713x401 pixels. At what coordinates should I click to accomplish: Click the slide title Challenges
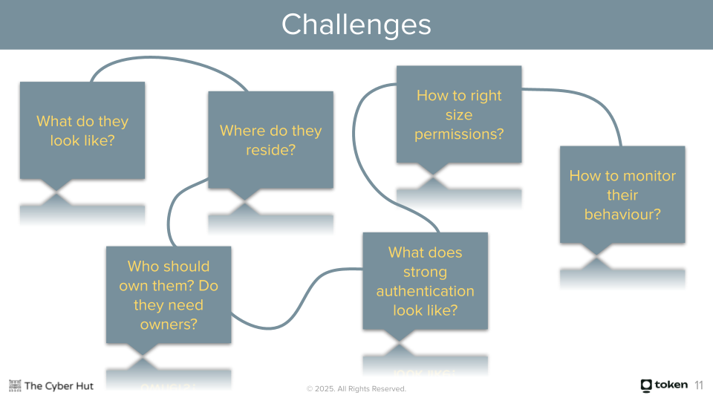point(356,25)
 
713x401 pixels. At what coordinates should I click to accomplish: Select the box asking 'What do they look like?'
point(82,130)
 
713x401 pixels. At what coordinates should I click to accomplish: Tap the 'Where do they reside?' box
point(270,140)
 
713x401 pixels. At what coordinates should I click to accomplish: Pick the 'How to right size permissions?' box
point(459,114)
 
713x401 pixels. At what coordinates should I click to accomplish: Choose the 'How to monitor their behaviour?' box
point(622,195)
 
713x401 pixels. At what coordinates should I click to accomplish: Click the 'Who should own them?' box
point(169,295)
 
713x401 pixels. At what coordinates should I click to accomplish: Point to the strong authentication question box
point(425,281)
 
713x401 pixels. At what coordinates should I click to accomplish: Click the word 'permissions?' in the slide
point(459,134)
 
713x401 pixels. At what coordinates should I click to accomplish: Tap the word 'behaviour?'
point(622,215)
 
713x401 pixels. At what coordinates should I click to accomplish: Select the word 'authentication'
point(425,291)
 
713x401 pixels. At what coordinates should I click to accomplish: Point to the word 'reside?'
point(270,150)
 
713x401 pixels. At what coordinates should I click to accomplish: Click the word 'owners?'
point(169,325)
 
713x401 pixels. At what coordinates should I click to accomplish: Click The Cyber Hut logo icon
point(15,385)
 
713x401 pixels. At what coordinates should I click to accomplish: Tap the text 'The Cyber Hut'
point(59,385)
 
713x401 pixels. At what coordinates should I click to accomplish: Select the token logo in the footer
point(664,385)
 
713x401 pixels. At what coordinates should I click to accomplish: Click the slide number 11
point(699,385)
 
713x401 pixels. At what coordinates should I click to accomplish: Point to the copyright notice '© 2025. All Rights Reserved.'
point(356,389)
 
